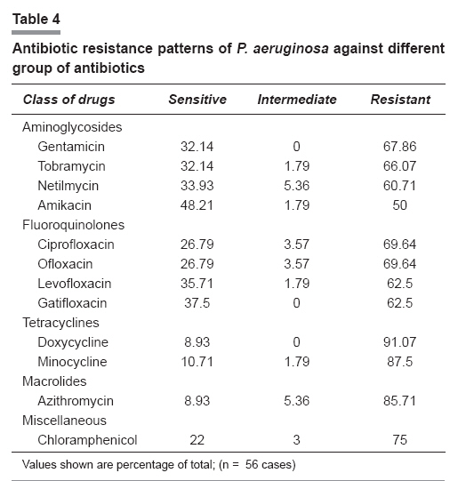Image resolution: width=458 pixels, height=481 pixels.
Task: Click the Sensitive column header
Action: point(197,100)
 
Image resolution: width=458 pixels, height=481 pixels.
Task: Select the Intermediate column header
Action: point(297,100)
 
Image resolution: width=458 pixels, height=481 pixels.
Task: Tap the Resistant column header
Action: point(400,100)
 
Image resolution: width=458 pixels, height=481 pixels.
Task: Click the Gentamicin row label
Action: point(71,147)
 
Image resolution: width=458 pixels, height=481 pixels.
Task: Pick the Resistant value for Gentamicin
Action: point(399,147)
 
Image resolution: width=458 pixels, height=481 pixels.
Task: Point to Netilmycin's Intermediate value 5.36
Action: point(297,186)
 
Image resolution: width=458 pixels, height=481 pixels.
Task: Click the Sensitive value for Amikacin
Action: point(197,205)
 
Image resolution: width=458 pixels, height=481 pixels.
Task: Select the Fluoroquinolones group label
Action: point(73,225)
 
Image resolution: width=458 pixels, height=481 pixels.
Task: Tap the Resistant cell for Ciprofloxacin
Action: point(399,245)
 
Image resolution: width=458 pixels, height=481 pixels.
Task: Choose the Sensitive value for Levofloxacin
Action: point(197,284)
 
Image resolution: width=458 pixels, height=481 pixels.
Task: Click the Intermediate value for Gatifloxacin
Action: point(296,303)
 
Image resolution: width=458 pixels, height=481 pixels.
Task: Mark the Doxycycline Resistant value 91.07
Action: point(399,342)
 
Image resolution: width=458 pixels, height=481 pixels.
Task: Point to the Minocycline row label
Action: point(72,362)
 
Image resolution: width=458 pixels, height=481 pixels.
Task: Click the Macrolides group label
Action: point(54,381)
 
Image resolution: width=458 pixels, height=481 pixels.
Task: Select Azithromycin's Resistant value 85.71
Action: point(399,401)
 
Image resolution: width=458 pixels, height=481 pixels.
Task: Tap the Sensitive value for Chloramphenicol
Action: point(197,440)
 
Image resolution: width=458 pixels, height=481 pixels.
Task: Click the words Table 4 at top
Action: point(36,19)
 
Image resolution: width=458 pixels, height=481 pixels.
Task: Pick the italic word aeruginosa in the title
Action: point(291,49)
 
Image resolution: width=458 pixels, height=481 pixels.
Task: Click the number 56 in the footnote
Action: point(252,464)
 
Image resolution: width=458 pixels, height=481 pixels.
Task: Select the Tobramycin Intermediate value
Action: point(297,166)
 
